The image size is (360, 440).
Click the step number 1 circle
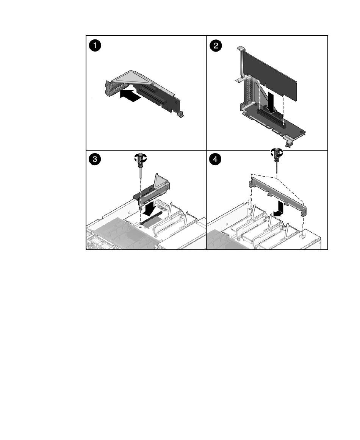[95, 45]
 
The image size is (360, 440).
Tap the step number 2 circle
[216, 45]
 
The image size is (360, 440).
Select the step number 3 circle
[95, 160]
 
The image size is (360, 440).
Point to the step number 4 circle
[215, 160]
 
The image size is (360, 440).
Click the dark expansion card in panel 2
[270, 74]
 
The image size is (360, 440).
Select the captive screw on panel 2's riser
[288, 143]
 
